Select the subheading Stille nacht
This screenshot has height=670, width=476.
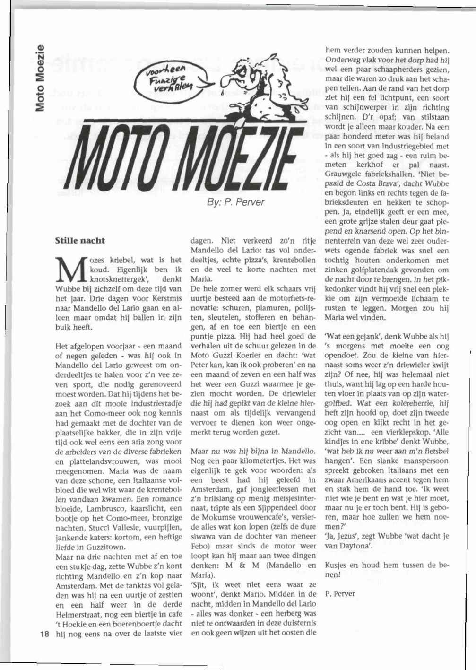[80, 241]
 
